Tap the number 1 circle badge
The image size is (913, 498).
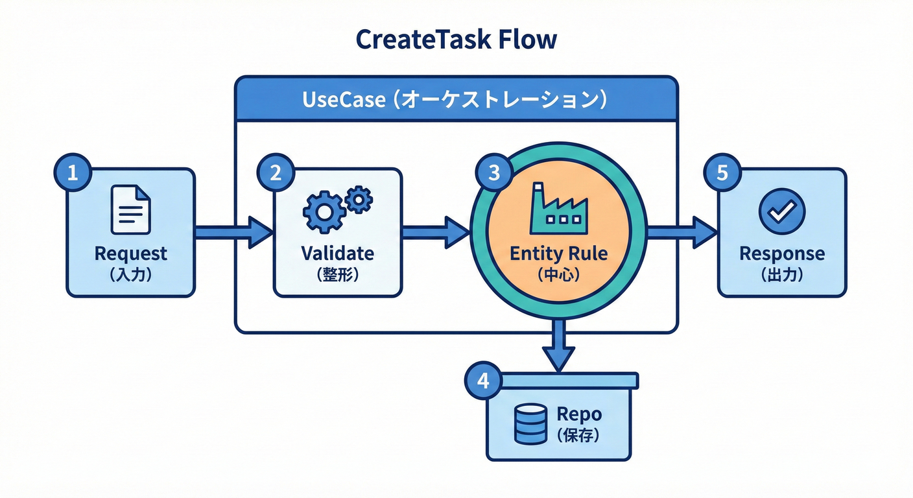pyautogui.click(x=73, y=173)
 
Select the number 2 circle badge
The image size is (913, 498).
pyautogui.click(x=276, y=173)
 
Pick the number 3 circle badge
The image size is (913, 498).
pyautogui.click(x=494, y=172)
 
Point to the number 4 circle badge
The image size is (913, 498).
pyautogui.click(x=483, y=381)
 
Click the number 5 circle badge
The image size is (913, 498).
pyautogui.click(x=722, y=173)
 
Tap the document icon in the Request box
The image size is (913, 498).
pyautogui.click(x=130, y=209)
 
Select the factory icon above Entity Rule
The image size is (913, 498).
pyautogui.click(x=558, y=208)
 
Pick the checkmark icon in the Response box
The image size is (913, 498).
pyautogui.click(x=781, y=211)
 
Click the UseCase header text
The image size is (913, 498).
pyautogui.click(x=455, y=101)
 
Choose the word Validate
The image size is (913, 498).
pyautogui.click(x=337, y=253)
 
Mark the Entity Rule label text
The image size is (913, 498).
pyautogui.click(x=558, y=253)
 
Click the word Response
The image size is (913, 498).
pyautogui.click(x=782, y=253)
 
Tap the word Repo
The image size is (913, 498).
pyautogui.click(x=579, y=414)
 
